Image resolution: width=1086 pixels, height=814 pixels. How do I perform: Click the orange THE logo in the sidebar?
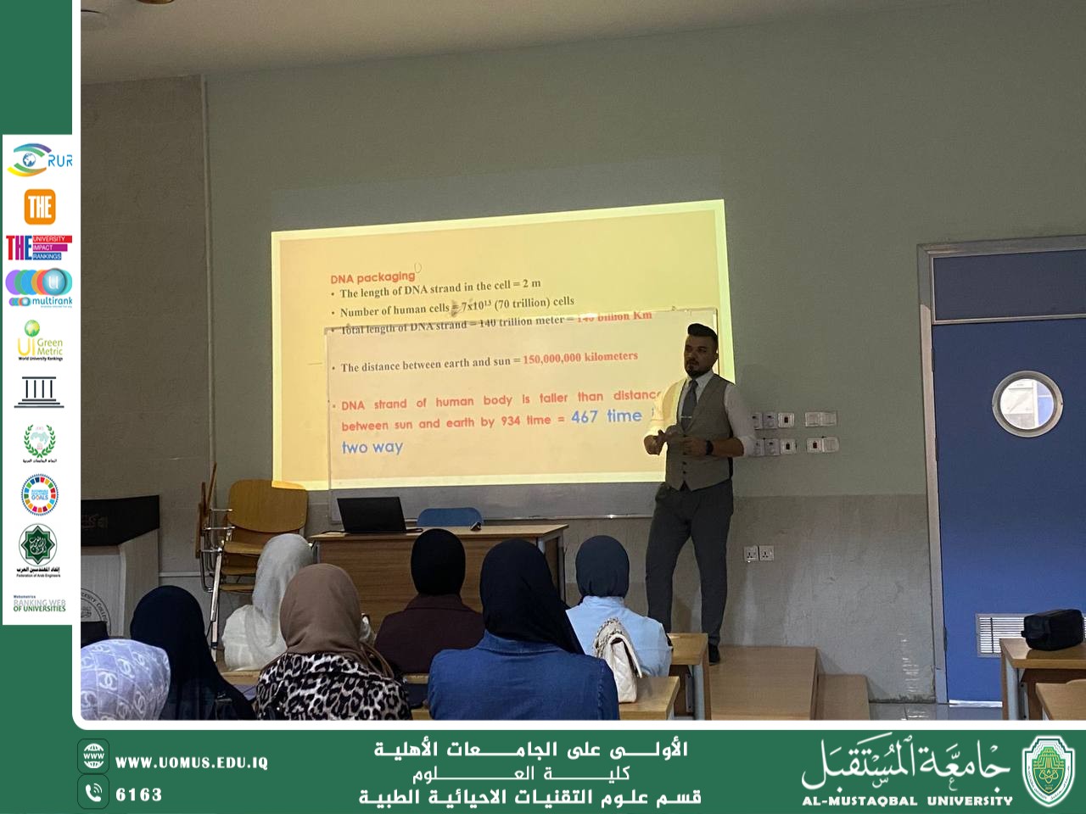pos(40,206)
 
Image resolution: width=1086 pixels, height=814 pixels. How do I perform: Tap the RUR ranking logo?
pos(39,159)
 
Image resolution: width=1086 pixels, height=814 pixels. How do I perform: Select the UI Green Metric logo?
pos(40,340)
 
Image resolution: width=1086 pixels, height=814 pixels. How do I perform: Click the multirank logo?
pos(40,287)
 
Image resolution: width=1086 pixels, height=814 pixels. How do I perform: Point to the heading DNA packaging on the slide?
pos(372,276)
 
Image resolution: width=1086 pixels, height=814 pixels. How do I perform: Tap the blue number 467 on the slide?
pos(584,416)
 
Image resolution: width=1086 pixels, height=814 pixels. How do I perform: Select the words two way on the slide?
pos(372,448)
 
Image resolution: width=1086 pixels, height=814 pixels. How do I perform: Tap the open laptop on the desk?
pos(373,515)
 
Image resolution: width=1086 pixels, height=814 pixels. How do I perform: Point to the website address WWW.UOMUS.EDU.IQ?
pos(191,762)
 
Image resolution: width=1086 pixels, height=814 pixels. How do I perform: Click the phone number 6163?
pos(138,794)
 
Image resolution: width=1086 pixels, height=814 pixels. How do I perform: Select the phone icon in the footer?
pos(93,793)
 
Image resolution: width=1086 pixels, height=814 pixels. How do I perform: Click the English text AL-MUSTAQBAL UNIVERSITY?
pos(907,800)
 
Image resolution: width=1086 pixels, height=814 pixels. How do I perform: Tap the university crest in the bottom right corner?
pos(1049,770)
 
